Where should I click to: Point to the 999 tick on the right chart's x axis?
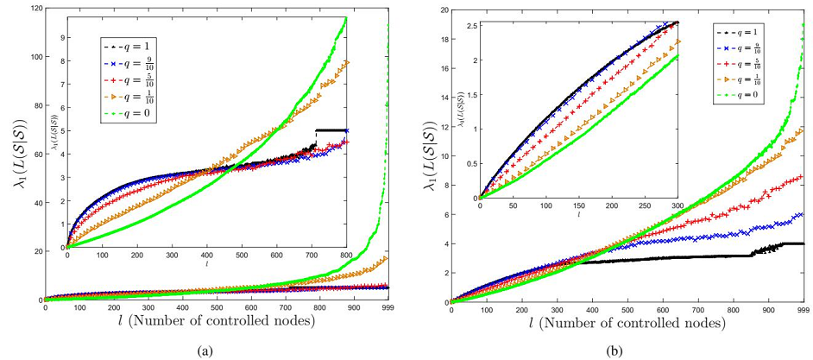point(804,309)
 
